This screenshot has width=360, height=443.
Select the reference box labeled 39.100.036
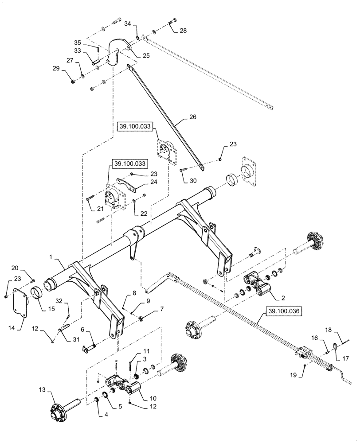point(284,312)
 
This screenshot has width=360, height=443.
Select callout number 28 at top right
point(183,31)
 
